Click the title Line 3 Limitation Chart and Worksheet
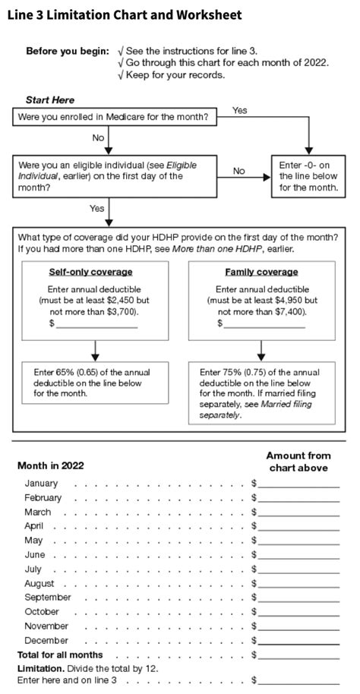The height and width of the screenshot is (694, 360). [x=125, y=14]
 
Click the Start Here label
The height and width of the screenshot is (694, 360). [x=50, y=100]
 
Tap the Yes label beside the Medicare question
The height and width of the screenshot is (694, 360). [x=240, y=111]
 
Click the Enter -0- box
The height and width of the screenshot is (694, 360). [x=308, y=175]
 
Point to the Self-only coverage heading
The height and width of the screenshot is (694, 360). [x=90, y=272]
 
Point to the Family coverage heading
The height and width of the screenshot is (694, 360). [x=261, y=272]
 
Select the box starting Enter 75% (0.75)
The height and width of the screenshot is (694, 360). [x=261, y=393]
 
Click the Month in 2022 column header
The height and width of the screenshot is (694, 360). [x=50, y=465]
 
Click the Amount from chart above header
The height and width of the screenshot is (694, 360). [x=298, y=461]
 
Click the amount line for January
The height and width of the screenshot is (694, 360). [x=298, y=484]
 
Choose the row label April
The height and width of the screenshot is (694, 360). [x=34, y=526]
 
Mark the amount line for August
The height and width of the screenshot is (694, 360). [x=298, y=585]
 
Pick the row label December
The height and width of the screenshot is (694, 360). [x=46, y=640]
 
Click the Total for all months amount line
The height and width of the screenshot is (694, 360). [x=298, y=655]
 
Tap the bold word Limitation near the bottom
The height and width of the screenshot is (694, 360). [x=39, y=668]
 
